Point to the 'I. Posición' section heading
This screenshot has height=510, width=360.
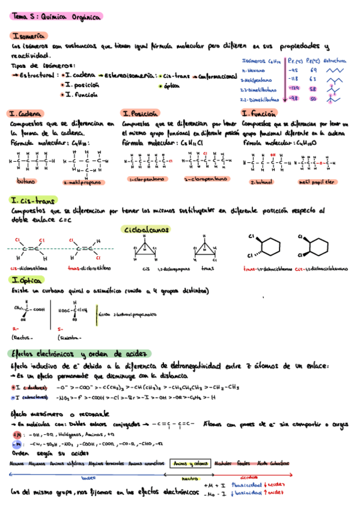point(141,114)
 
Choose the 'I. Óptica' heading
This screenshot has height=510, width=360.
point(26,280)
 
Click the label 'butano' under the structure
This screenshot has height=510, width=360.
point(26,181)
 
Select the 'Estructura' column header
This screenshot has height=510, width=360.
point(335,61)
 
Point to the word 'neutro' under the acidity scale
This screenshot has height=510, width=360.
point(189,478)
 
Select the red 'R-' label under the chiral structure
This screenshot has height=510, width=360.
point(16,330)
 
